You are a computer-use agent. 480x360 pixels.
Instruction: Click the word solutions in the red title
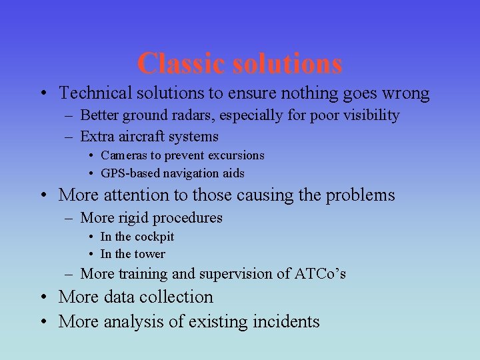(x=288, y=64)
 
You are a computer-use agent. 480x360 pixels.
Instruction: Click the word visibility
(x=370, y=115)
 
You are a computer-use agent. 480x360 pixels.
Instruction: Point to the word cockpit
(x=154, y=237)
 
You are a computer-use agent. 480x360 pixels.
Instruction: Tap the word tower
(x=149, y=254)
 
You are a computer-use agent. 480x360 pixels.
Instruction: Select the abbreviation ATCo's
(x=320, y=274)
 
